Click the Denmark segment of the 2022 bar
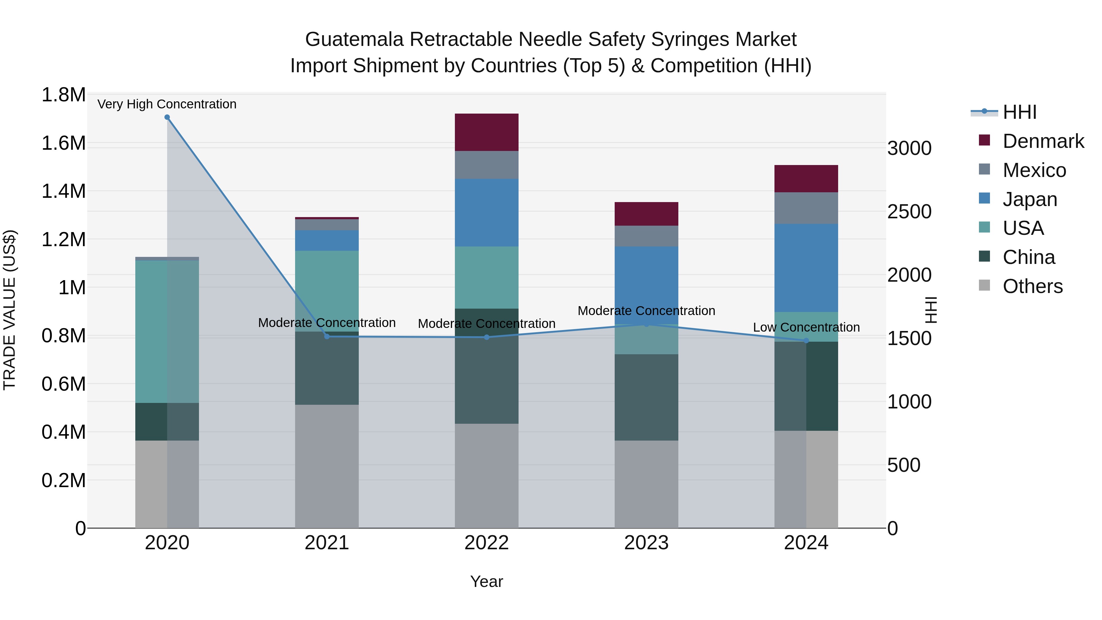pyautogui.click(x=486, y=132)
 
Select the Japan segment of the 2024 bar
pyautogui.click(x=806, y=268)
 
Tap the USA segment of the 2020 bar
pyautogui.click(x=167, y=332)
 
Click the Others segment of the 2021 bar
pyautogui.click(x=327, y=466)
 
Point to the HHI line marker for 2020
pyautogui.click(x=167, y=117)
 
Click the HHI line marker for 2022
pyautogui.click(x=486, y=337)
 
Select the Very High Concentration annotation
pyautogui.click(x=167, y=104)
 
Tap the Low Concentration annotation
pyautogui.click(x=806, y=327)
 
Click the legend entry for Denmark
pyautogui.click(x=1043, y=141)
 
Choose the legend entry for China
pyautogui.click(x=1029, y=257)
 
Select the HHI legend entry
pyautogui.click(x=1019, y=112)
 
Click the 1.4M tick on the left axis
pyautogui.click(x=63, y=191)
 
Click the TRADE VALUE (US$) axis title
pyautogui.click(x=9, y=310)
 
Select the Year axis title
pyautogui.click(x=486, y=581)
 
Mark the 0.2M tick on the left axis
pyautogui.click(x=63, y=480)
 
